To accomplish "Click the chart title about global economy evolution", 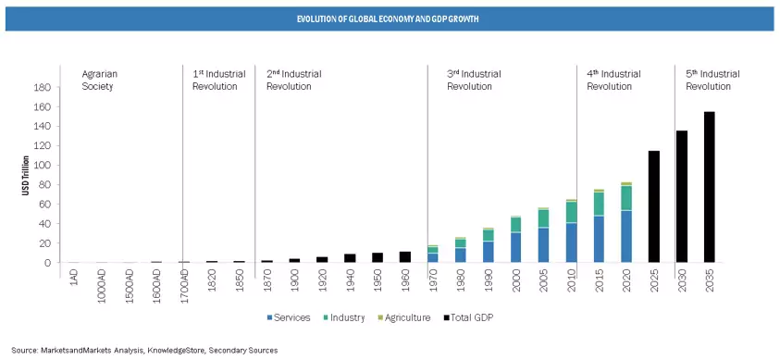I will [389, 19].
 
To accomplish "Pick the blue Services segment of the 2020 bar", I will [625, 236].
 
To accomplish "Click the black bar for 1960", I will [404, 257].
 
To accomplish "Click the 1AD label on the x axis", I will [72, 280].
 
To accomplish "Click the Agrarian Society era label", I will [99, 80].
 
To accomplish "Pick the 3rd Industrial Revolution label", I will [475, 80].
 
